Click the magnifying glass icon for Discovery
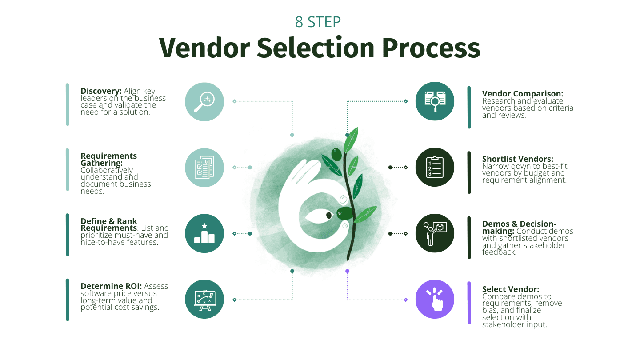point(204,101)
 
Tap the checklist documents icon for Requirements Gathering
point(204,168)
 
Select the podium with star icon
point(204,233)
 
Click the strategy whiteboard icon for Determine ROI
point(204,299)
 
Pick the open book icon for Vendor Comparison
point(435,101)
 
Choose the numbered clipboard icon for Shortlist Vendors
point(435,168)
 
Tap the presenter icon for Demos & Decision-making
point(435,233)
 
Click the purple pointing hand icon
point(435,299)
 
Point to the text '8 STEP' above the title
point(318,21)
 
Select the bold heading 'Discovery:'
point(101,91)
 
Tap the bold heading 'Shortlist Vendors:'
point(518,159)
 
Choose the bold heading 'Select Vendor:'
point(511,289)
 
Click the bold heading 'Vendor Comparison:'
point(523,94)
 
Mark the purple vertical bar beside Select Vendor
point(469,303)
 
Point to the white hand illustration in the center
point(302,196)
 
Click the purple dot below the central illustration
point(347,271)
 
